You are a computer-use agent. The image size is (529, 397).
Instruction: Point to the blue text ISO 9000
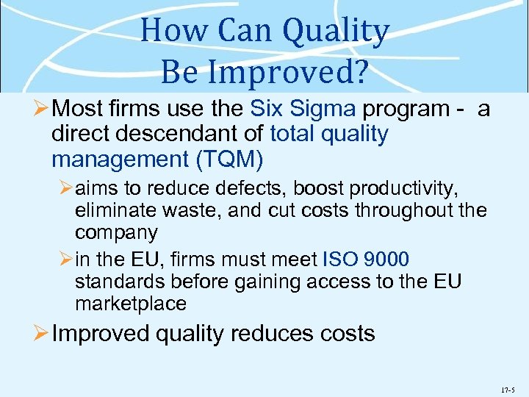pyautogui.click(x=366, y=260)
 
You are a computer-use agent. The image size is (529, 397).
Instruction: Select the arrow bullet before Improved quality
pyautogui.click(x=41, y=333)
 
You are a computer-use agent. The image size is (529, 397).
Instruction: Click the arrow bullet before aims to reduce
pyautogui.click(x=64, y=190)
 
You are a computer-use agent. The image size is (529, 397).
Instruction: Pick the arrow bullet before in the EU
pyautogui.click(x=64, y=260)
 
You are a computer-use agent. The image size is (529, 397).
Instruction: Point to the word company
pyautogui.click(x=116, y=233)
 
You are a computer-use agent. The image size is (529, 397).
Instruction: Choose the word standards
pyautogui.click(x=119, y=282)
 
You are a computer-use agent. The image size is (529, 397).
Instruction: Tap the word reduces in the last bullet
pyautogui.click(x=272, y=333)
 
